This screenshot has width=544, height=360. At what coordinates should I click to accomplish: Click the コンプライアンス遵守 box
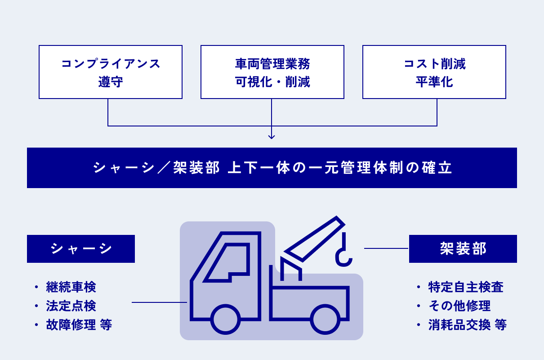point(111,72)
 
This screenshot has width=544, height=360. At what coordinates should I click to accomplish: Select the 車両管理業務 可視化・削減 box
point(272,72)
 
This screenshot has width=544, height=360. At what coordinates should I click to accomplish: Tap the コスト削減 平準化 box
point(434,72)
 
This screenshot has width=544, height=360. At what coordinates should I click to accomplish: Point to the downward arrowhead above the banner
point(272,136)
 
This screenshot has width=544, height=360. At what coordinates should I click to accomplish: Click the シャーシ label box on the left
point(81,249)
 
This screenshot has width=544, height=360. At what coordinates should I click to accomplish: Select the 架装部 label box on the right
point(463,249)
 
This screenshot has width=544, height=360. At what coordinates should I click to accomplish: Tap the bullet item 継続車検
point(71,287)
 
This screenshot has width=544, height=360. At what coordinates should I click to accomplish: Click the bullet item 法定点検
point(71,306)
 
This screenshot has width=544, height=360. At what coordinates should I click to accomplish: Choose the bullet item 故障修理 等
point(79,325)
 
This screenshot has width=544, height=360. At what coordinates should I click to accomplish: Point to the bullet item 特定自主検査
point(466,287)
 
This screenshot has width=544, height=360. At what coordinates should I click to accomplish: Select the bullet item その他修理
point(459,306)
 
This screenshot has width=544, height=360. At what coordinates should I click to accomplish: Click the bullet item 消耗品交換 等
point(468,325)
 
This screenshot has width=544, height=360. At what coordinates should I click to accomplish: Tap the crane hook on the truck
point(344,256)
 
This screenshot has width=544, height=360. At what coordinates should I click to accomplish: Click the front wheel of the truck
point(225,319)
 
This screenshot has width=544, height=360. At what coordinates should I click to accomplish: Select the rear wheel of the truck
point(325,319)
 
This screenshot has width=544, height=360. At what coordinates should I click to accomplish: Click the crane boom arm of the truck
point(315,238)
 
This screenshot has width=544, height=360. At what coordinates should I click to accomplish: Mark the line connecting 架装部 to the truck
point(386,248)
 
